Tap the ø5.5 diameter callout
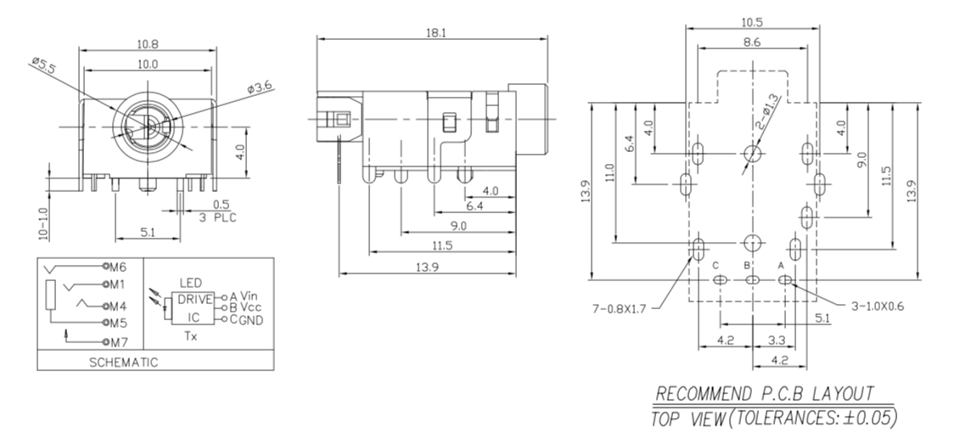click(42, 65)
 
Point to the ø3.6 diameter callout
click(260, 87)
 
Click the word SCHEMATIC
click(123, 362)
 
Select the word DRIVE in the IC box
click(194, 299)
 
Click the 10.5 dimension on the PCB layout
click(751, 21)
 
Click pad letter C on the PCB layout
click(715, 265)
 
